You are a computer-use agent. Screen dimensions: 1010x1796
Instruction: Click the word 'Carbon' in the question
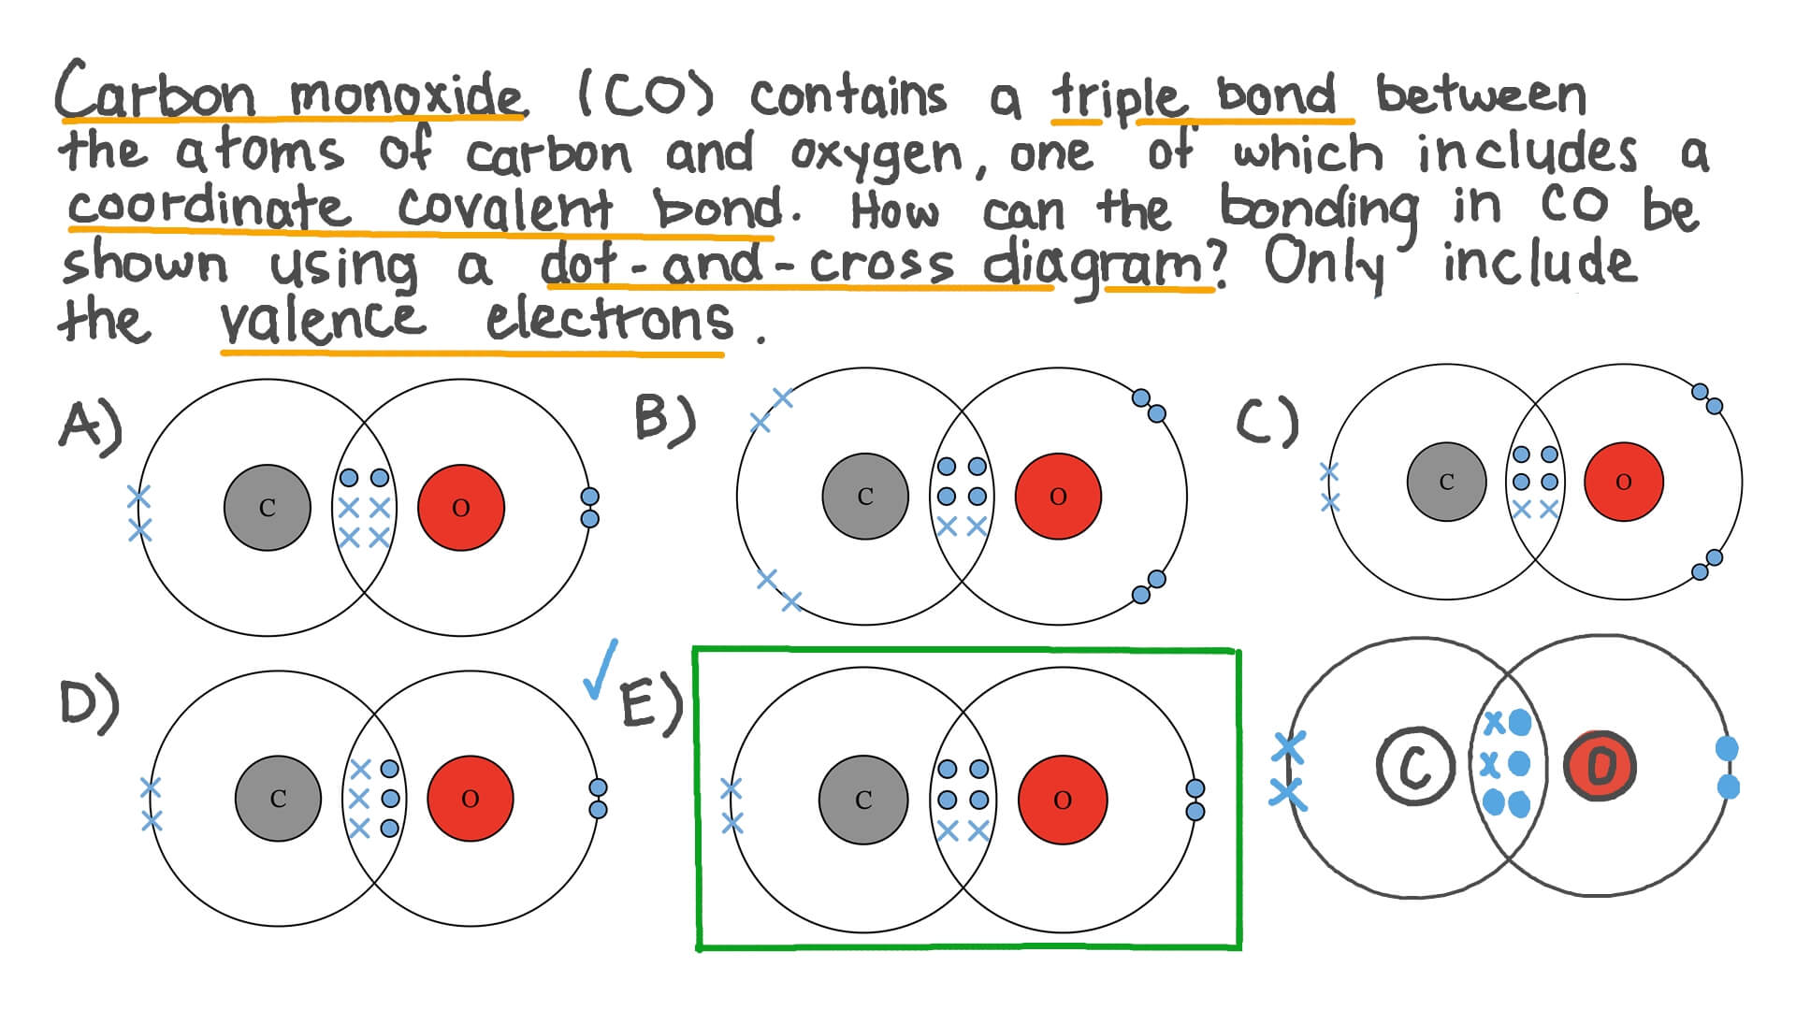point(154,92)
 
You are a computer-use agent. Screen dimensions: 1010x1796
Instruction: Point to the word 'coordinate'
point(209,208)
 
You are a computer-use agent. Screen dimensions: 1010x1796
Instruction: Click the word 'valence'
point(322,321)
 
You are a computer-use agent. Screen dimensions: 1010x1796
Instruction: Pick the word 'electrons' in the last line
point(609,321)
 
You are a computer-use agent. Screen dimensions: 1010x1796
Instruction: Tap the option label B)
point(665,418)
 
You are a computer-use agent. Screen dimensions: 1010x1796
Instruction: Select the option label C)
point(1267,424)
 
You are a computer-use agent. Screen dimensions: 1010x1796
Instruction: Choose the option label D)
point(90,703)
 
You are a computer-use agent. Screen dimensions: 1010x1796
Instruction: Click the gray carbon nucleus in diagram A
point(268,508)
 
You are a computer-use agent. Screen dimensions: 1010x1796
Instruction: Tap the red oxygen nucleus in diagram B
point(1058,497)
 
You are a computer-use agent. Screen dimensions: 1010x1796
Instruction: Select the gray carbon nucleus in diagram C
point(1446,482)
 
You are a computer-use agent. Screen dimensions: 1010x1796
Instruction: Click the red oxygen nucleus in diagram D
point(471,799)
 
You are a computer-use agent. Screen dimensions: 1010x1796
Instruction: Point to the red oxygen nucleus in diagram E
point(1063,800)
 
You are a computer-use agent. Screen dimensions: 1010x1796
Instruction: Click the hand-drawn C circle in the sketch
point(1415,766)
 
